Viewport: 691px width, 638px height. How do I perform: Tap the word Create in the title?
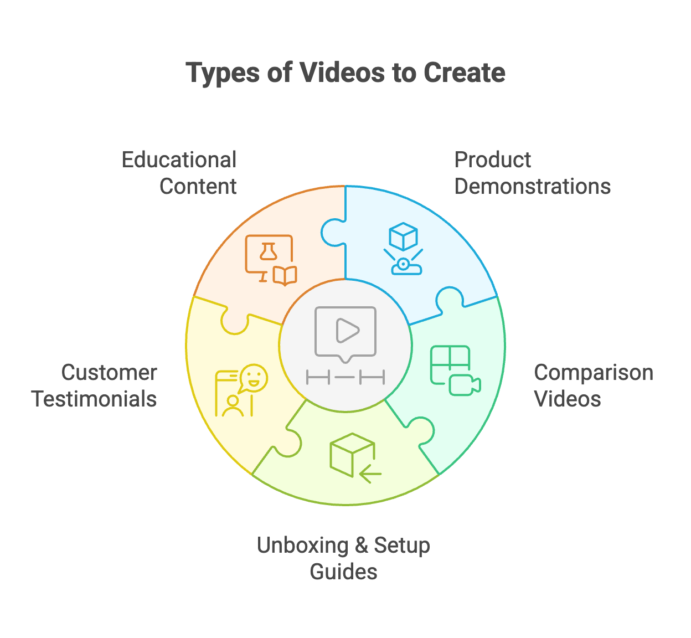[464, 73]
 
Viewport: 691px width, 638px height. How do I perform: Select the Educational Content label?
[179, 173]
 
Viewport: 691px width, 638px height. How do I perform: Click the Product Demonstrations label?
[532, 173]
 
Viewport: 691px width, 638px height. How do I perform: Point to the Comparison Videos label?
[593, 385]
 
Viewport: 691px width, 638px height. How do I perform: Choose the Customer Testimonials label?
[94, 385]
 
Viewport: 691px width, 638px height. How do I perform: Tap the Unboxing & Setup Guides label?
[343, 558]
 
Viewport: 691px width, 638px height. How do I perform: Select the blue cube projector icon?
[404, 249]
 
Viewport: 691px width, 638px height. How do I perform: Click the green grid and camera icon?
[455, 371]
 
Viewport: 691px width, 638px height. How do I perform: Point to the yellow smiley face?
[254, 377]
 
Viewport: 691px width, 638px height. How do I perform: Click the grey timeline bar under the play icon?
[345, 378]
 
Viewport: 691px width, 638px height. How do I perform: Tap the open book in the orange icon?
[285, 275]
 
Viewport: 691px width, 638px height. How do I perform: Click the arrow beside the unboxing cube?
[370, 475]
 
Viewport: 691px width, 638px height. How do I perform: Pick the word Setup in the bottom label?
[402, 546]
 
